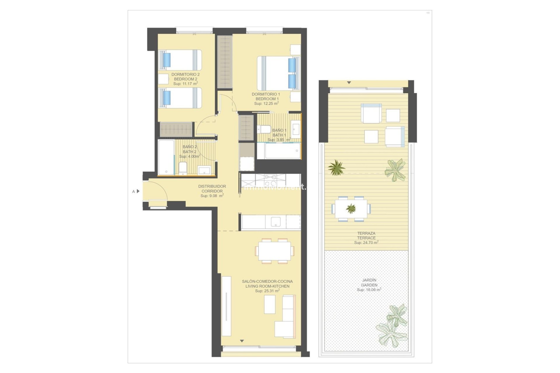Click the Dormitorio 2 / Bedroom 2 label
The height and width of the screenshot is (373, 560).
click(x=185, y=77)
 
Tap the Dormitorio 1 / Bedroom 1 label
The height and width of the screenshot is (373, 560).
click(x=266, y=96)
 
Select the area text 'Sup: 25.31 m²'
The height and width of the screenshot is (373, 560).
click(x=267, y=291)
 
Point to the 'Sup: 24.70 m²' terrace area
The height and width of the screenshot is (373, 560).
click(x=366, y=242)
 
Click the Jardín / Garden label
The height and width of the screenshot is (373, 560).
click(x=369, y=282)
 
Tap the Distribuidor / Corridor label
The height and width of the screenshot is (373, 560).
click(x=212, y=189)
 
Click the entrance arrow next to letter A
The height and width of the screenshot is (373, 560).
click(x=138, y=191)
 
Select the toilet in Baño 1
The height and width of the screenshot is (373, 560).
click(x=264, y=129)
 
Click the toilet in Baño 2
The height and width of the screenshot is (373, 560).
click(x=183, y=168)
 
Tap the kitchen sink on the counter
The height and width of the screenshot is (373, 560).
click(x=276, y=222)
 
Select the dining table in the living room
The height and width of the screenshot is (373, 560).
click(x=274, y=251)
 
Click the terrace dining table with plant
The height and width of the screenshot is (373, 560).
click(x=351, y=209)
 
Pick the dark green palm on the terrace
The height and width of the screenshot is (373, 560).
click(x=336, y=168)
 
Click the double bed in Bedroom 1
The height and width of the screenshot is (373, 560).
click(x=278, y=73)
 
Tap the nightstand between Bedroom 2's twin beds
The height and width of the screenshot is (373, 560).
click(x=164, y=79)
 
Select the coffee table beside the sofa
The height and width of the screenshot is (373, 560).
click(x=270, y=304)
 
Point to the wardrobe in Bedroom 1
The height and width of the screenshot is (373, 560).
click(x=225, y=62)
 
